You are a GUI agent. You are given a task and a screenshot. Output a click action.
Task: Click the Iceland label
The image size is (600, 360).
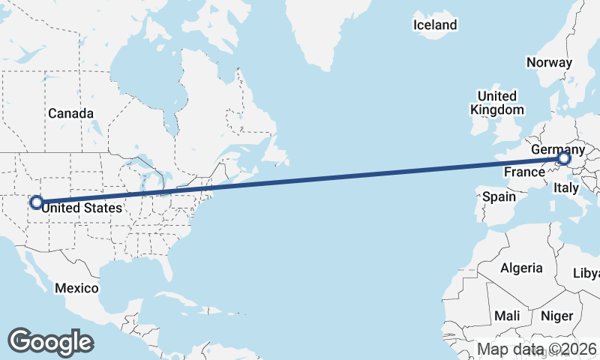[435, 25]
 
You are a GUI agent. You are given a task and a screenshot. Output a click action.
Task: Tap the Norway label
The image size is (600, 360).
[549, 63]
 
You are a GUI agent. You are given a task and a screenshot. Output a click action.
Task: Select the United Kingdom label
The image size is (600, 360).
[496, 103]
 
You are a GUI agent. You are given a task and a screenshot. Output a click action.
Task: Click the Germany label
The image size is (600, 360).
[557, 150]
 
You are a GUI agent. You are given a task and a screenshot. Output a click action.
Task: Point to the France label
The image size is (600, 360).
[523, 172]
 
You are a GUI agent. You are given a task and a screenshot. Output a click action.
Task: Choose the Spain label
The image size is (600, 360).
[499, 196]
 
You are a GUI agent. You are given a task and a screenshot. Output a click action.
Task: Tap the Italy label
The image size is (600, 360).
[565, 189]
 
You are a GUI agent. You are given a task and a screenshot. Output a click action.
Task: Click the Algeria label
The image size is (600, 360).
[521, 268]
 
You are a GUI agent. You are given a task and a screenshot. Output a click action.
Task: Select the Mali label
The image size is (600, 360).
[507, 316]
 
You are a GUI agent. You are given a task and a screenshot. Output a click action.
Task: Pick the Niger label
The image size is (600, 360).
[556, 316]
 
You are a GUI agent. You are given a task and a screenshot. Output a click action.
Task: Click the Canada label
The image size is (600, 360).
[70, 113]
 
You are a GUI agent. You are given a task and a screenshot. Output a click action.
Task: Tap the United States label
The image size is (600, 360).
[81, 208]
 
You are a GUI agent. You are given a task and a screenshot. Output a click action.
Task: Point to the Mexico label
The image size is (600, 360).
[76, 288]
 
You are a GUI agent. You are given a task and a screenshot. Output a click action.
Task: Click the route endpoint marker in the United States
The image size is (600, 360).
[35, 202]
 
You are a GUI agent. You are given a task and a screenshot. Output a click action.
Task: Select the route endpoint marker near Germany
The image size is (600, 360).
[563, 158]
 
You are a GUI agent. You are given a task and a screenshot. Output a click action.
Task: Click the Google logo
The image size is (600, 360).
[50, 341]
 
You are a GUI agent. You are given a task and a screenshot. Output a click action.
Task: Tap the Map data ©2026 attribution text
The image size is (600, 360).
[537, 349]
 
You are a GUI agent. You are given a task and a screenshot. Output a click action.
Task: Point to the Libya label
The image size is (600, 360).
[587, 272]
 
